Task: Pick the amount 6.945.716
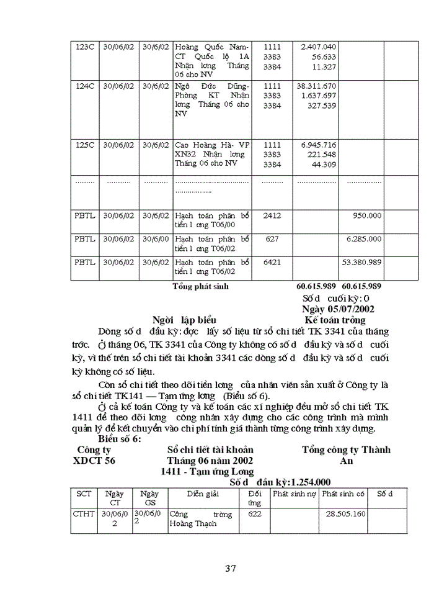[x=318, y=145]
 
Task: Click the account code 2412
[x=272, y=215]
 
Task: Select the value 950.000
[x=366, y=215]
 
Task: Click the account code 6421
[x=272, y=262]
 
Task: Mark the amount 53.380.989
[x=361, y=262]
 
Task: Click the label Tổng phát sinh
[x=200, y=286]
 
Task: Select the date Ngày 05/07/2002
[x=337, y=309]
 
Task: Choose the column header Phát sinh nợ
[x=294, y=494]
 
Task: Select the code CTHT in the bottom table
[x=84, y=514]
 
